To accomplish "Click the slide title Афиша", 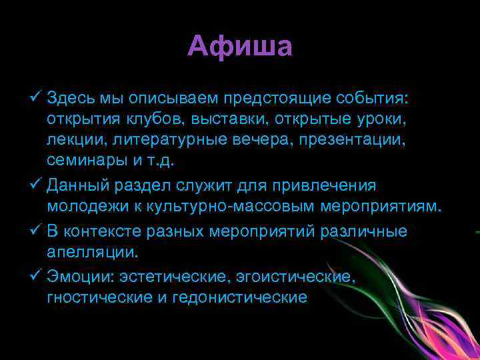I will tap(240, 47).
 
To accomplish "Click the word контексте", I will tap(105, 230).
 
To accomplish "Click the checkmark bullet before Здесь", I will tap(37, 99).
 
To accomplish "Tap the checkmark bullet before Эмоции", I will tap(37, 274).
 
